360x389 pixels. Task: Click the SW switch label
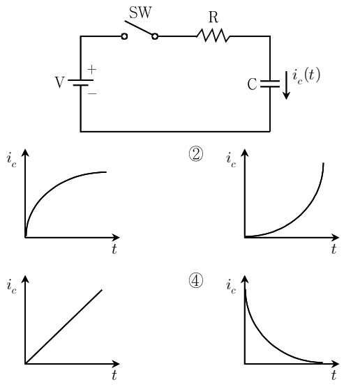click(x=140, y=13)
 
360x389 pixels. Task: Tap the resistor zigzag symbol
click(x=213, y=36)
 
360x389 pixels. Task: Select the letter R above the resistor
click(x=213, y=17)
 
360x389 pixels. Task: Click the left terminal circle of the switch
click(x=124, y=36)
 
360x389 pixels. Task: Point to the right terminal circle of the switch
click(x=155, y=36)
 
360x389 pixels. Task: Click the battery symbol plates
click(x=81, y=83)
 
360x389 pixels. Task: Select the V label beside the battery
click(x=59, y=82)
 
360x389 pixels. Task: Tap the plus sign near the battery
click(x=92, y=70)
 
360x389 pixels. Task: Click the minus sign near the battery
click(x=92, y=93)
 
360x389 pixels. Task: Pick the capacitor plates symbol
click(x=270, y=84)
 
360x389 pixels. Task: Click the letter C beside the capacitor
click(x=252, y=84)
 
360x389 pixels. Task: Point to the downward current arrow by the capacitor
click(x=287, y=85)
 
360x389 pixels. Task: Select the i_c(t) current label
click(x=306, y=75)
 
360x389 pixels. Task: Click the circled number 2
click(x=196, y=154)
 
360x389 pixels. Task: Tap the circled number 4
click(x=196, y=280)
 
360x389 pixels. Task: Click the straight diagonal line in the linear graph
click(x=63, y=326)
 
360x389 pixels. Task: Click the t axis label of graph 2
click(x=333, y=249)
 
